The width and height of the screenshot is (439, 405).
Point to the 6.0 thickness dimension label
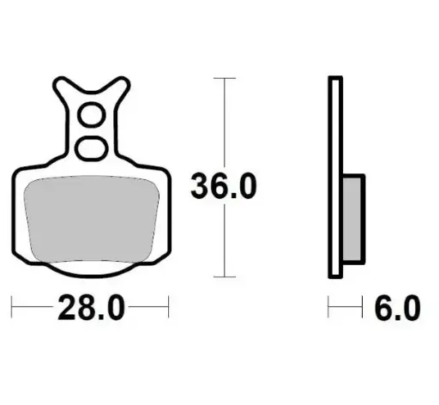pos(397,305)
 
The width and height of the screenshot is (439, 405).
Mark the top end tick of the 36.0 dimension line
pos(224,78)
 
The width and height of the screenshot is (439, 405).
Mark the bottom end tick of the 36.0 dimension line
pos(224,276)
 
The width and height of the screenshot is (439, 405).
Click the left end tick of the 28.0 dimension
pos(12,305)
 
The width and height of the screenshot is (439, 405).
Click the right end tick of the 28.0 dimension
pos(169,305)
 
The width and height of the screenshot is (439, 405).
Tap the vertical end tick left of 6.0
pos(328,305)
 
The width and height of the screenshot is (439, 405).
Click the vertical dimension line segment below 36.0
pos(224,240)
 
